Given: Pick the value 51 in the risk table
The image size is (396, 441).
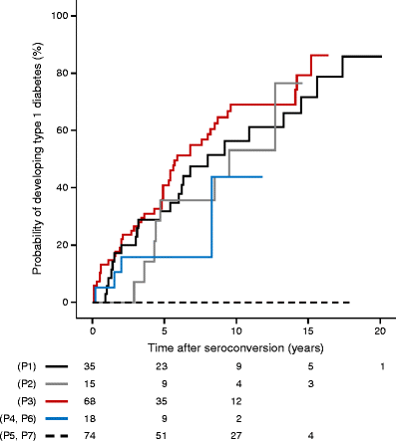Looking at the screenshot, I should [165, 434].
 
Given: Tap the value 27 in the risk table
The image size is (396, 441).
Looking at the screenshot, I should [236, 434].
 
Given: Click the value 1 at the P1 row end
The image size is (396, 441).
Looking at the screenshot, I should [380, 366].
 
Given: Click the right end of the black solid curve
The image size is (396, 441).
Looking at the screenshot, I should [381, 57].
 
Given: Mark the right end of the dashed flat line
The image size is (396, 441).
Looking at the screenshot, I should [350, 302].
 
